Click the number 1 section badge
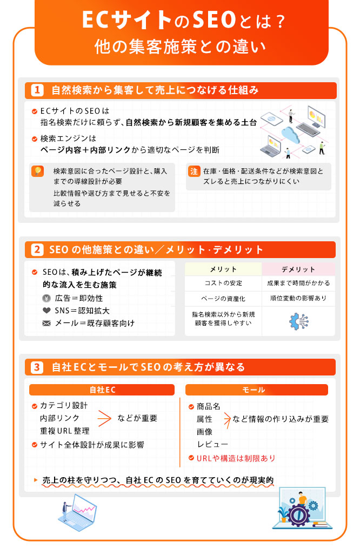(x=37, y=90)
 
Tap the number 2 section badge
(x=37, y=250)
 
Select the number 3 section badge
(x=37, y=367)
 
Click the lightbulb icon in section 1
(x=37, y=171)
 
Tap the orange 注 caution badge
(x=194, y=172)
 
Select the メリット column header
(x=223, y=269)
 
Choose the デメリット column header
(x=298, y=269)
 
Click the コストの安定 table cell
(x=223, y=283)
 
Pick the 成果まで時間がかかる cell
(x=298, y=283)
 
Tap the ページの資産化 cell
(x=223, y=299)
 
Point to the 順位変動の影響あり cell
(x=298, y=298)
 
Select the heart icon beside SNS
(x=46, y=311)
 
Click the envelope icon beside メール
(x=46, y=324)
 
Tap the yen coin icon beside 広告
(x=46, y=298)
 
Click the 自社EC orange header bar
(x=102, y=390)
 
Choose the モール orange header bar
(x=257, y=390)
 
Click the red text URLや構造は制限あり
(x=236, y=458)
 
